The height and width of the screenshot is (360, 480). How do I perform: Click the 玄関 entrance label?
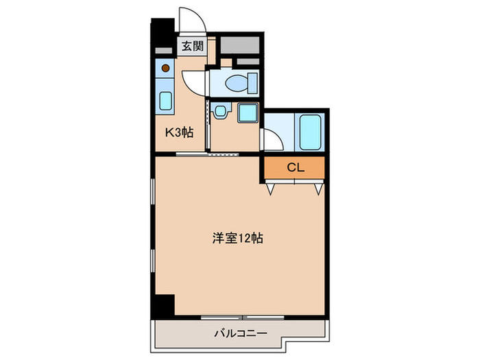(192, 47)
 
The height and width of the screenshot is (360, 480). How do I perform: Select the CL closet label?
(294, 167)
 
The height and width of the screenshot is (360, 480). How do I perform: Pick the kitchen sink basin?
(166, 101)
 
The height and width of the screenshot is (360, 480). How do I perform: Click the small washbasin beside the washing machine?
(220, 111)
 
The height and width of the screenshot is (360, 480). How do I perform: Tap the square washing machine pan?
(246, 113)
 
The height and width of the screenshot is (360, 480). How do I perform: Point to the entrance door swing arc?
(188, 19)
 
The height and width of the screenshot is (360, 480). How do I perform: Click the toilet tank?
(252, 82)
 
